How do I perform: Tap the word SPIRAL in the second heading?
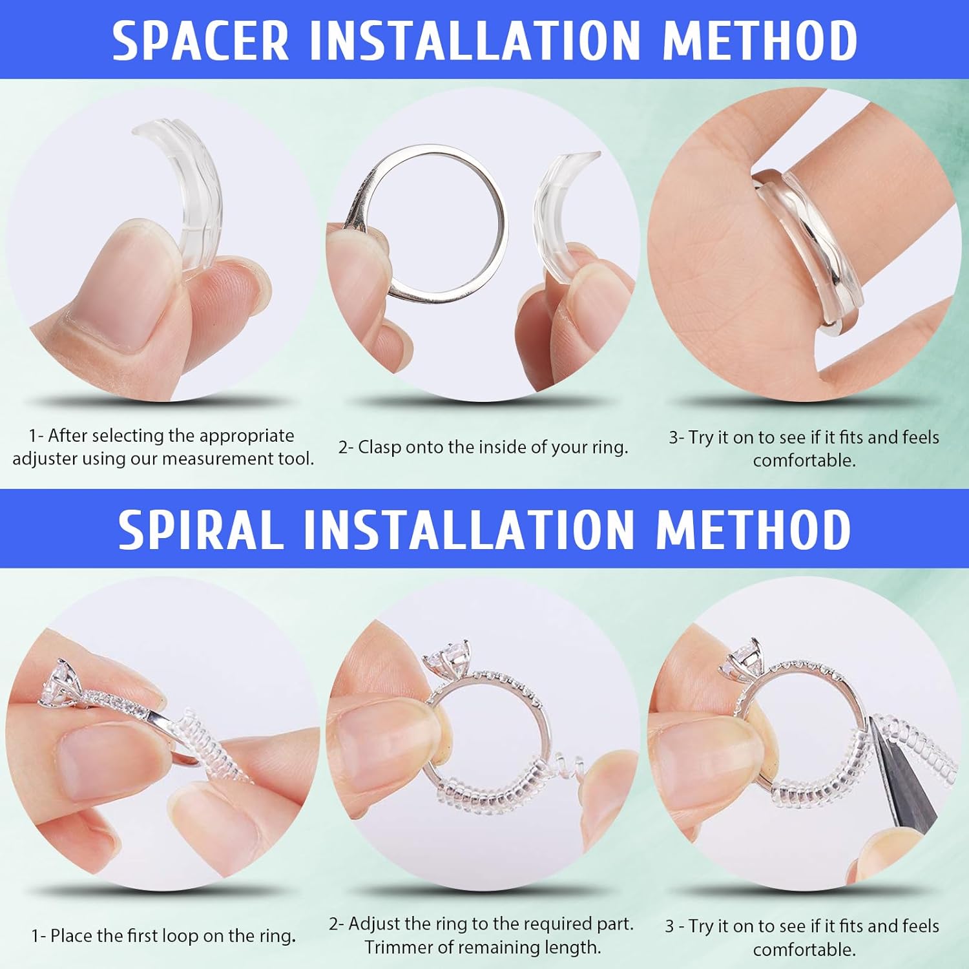[201, 530]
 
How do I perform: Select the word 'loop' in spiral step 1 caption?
[180, 935]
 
